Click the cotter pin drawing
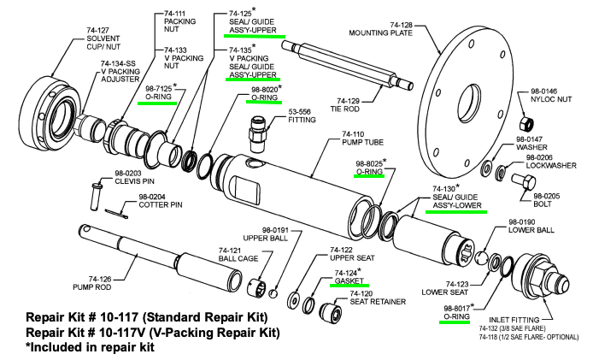click(120, 212)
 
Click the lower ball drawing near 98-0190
click(482, 257)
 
